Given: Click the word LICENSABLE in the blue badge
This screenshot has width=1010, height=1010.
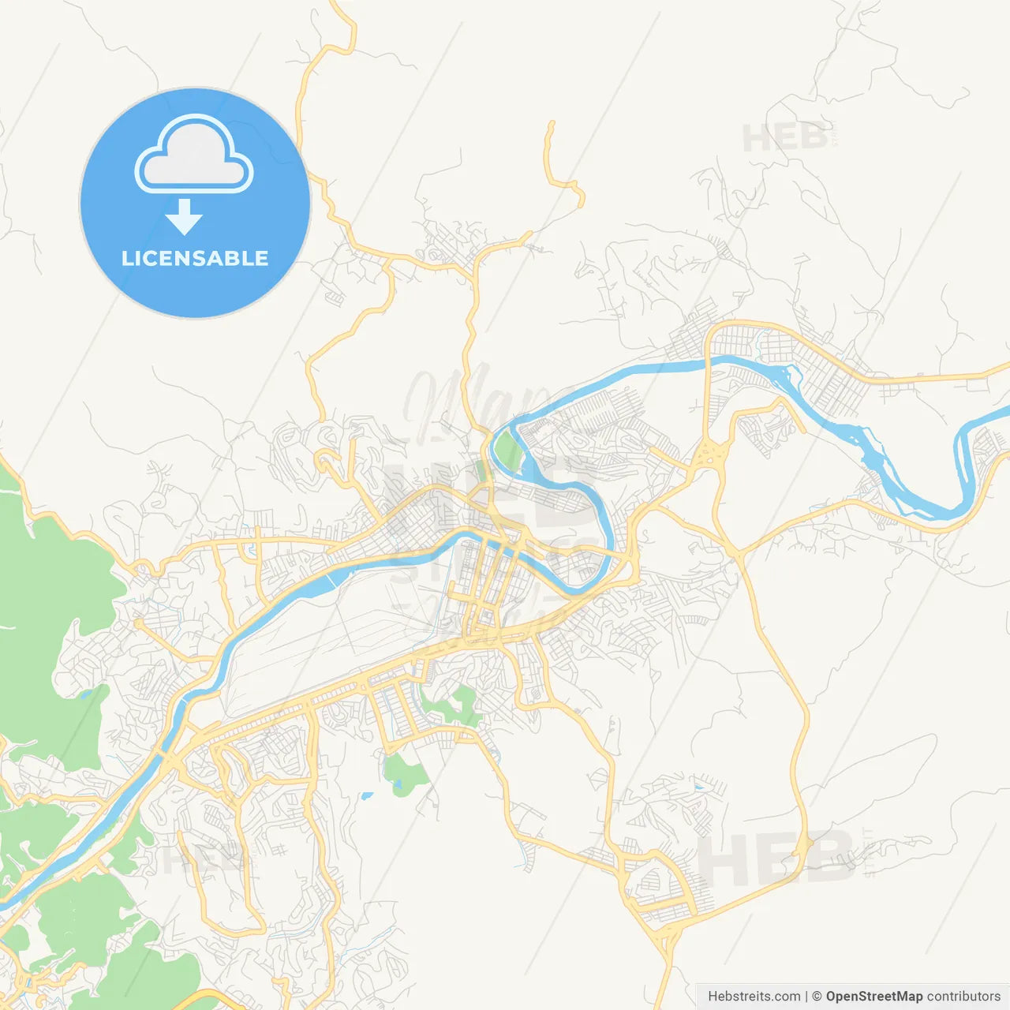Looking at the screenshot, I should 195,258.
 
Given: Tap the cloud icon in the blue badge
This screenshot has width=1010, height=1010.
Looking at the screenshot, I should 194,155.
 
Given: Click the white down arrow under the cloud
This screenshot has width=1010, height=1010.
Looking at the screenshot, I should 184,216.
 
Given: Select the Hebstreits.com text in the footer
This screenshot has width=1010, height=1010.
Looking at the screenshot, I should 754,997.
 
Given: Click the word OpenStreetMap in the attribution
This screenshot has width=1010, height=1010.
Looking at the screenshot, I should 873,997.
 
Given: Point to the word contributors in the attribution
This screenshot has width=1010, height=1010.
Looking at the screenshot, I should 963,997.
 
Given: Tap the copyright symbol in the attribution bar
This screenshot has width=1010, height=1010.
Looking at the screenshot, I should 817,997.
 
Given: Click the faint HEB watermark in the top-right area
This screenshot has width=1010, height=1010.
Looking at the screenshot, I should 785,138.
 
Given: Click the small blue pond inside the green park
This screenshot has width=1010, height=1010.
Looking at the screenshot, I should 397,784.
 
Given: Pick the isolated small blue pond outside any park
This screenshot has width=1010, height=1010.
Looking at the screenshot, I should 367,796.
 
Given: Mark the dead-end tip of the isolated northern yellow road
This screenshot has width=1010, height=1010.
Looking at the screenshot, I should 552,124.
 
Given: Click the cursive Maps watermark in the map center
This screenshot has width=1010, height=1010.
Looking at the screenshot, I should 466,402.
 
